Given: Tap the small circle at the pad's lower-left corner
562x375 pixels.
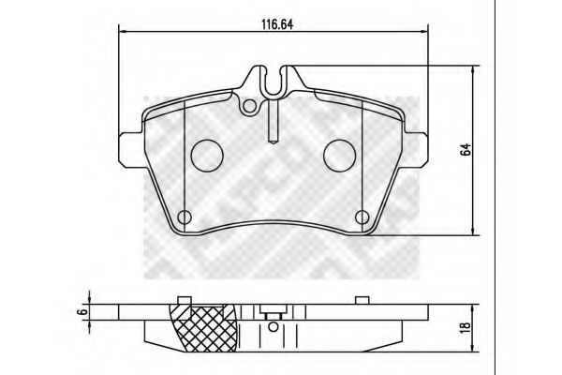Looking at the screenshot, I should point(185,218).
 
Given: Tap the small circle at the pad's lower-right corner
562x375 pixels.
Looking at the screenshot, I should point(361,218).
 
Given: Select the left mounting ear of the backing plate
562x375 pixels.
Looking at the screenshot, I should point(128,145).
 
